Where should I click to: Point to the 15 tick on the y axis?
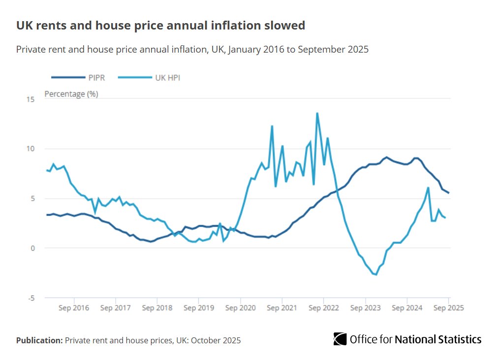point(31,99)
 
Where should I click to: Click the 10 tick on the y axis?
point(31,149)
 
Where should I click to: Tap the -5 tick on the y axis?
point(31,298)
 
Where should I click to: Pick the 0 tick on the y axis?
point(32,248)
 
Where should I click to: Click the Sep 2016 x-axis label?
point(74,308)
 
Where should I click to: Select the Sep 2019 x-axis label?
point(199,308)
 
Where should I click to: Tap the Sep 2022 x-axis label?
point(324,308)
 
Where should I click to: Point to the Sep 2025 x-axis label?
point(448,308)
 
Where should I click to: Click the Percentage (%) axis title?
point(71,94)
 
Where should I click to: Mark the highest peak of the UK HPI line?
point(317,113)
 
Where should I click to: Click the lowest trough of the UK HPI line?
point(376,274)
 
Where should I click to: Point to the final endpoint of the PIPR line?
point(448,193)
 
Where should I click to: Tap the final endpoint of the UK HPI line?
point(445,217)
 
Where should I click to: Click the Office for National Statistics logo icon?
point(340,339)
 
